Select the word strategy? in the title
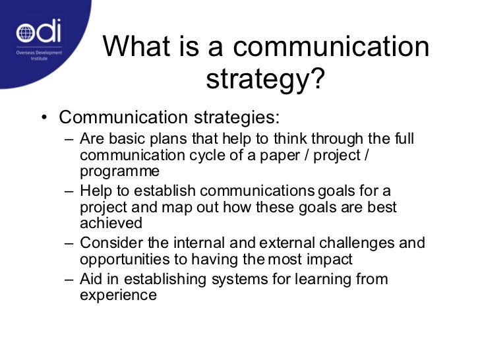pyautogui.click(x=266, y=80)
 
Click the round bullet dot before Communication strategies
pyautogui.click(x=43, y=118)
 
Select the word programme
pyautogui.click(x=119, y=172)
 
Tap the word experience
pyautogui.click(x=118, y=295)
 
